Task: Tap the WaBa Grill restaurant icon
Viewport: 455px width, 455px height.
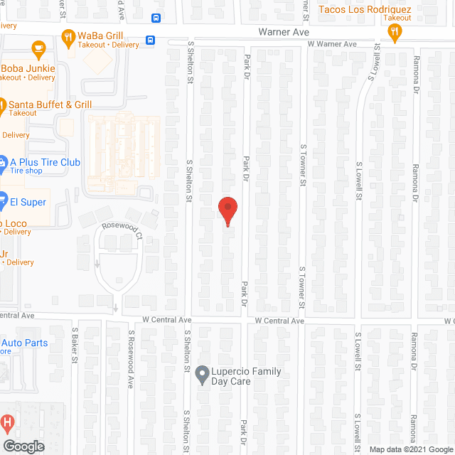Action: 69,37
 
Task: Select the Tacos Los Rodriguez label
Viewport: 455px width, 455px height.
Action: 365,9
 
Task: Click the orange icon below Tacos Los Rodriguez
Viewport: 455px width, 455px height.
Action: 395,31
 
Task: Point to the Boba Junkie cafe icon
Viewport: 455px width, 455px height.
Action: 38,49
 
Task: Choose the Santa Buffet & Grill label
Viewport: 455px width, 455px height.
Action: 50,105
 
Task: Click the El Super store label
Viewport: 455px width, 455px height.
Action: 28,202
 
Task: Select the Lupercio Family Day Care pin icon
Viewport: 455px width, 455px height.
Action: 202,372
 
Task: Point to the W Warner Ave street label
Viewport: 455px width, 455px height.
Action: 331,44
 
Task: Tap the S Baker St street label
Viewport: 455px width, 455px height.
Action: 74,345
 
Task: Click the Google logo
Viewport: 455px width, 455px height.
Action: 23,446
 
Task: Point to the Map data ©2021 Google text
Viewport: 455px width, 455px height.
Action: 410,449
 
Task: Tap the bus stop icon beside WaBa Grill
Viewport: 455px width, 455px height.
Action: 150,40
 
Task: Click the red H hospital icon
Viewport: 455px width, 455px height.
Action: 8,423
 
